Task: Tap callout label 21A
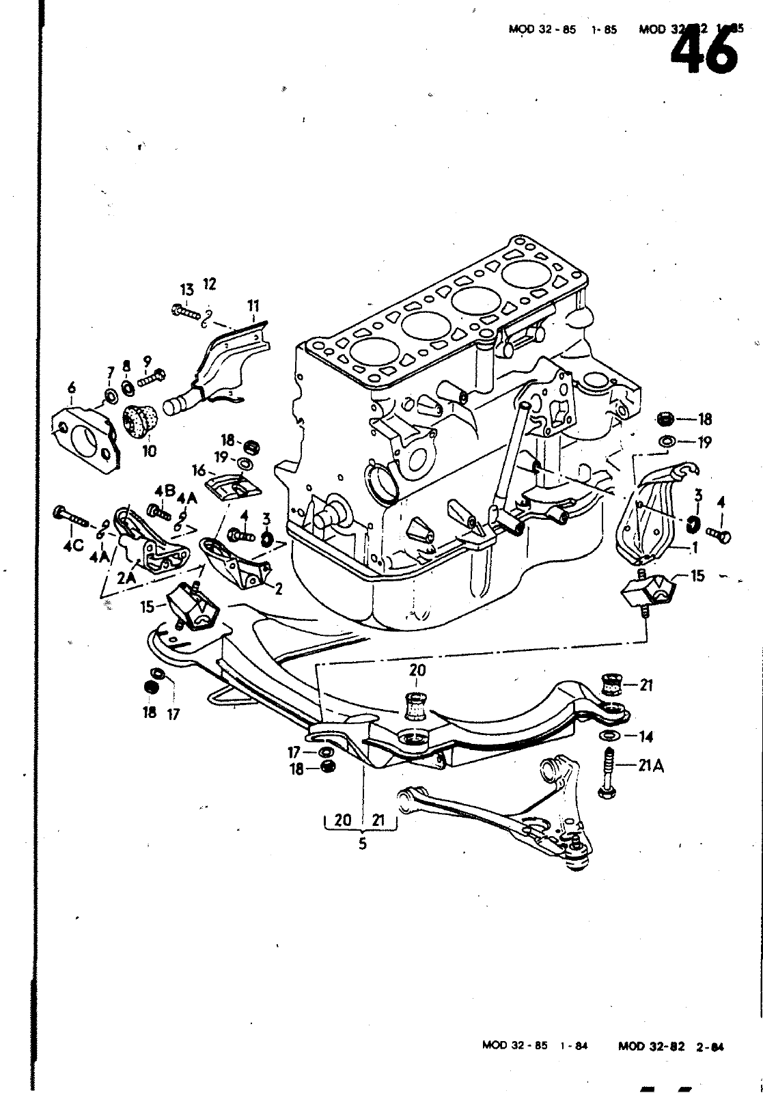(x=652, y=766)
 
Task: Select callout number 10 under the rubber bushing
(x=149, y=452)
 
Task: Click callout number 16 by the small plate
(x=199, y=470)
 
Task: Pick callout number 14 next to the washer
(x=646, y=736)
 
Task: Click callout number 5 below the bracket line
(x=362, y=844)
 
